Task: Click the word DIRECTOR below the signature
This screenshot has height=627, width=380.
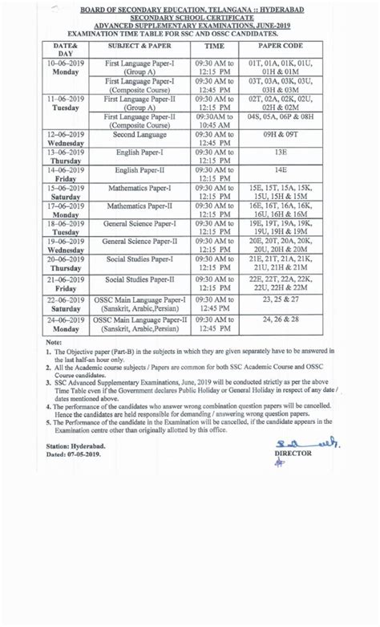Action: pos(292,453)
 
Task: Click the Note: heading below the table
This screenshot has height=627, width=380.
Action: pos(54,342)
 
